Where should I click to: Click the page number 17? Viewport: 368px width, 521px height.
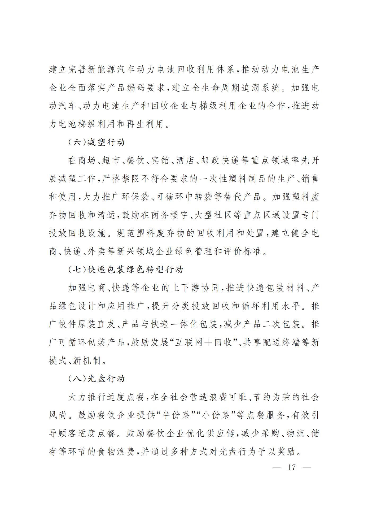[291, 467]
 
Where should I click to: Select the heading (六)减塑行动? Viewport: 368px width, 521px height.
[96, 142]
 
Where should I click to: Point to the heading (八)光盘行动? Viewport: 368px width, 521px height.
[96, 378]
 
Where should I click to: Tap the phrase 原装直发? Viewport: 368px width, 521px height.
[97, 324]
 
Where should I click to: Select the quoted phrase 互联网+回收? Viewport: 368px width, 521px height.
[205, 342]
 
